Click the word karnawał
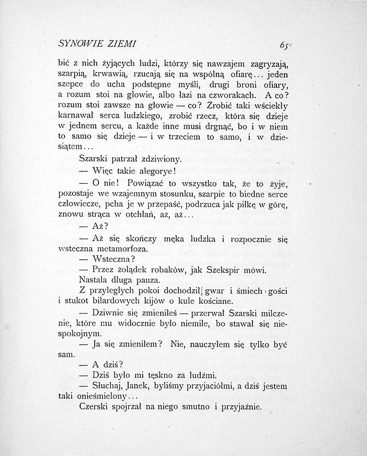coord(76,116)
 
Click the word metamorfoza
coord(125,249)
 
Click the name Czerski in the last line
coord(95,407)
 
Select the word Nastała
coord(96,280)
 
